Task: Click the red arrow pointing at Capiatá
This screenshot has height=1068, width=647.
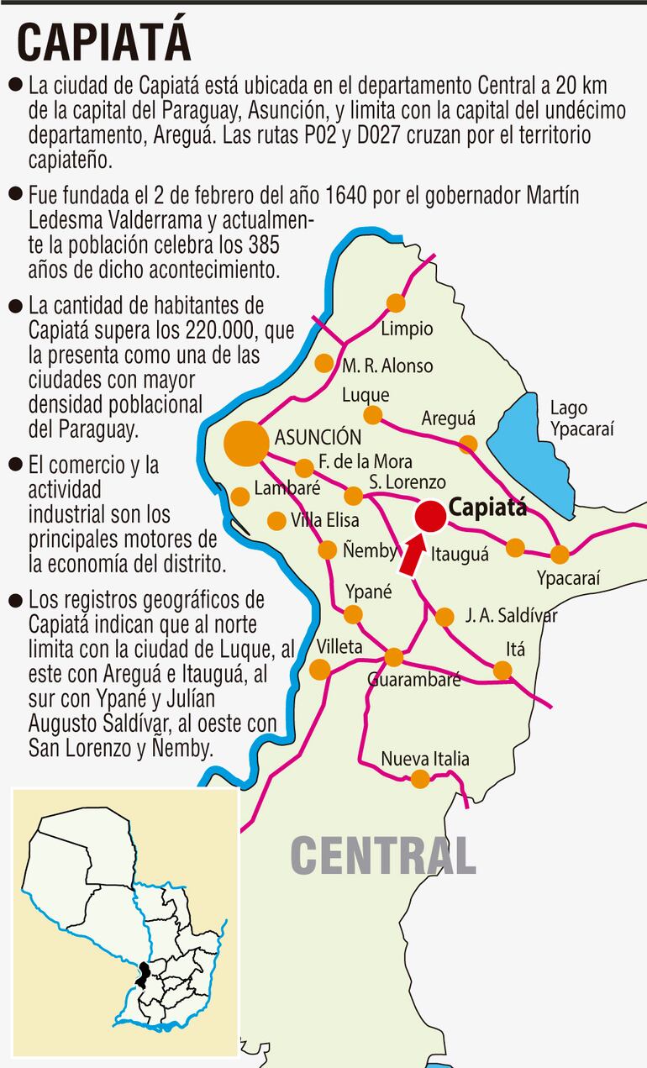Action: [413, 556]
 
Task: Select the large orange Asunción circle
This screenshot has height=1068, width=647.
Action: [247, 443]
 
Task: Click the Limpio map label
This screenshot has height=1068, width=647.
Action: [407, 329]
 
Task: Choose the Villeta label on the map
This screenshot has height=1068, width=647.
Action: [339, 646]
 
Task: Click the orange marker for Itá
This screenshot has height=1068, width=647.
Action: [502, 670]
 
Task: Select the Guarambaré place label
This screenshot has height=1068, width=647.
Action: [414, 680]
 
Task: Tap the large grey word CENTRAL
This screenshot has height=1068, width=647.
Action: [383, 855]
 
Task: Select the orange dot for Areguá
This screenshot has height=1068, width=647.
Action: [469, 444]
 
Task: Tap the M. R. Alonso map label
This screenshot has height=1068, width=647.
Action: [387, 366]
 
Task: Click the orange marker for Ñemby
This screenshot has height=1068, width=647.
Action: [328, 550]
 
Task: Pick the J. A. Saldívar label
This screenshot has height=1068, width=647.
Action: [511, 616]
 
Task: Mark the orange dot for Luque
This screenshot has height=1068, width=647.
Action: [372, 414]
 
